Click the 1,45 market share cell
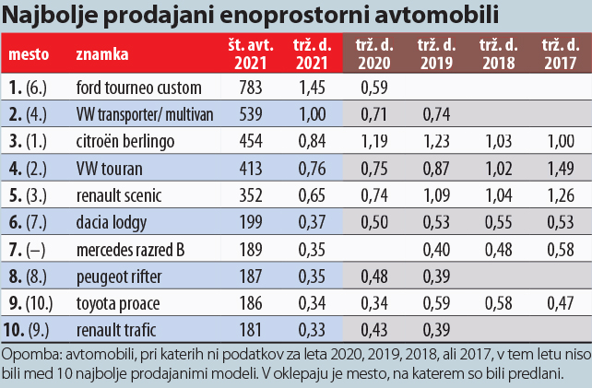pos(314,88)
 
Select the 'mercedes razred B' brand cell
pos(135,249)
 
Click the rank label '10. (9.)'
pos(33,329)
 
